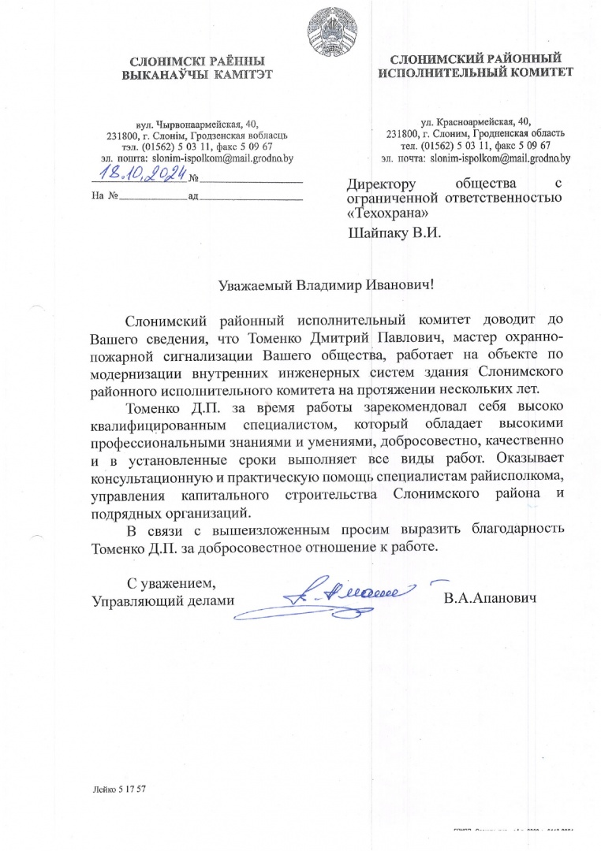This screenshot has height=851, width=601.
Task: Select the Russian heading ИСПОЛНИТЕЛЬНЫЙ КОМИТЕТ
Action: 476,73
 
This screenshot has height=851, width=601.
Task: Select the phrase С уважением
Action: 171,583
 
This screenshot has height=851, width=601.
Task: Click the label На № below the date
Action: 105,195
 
